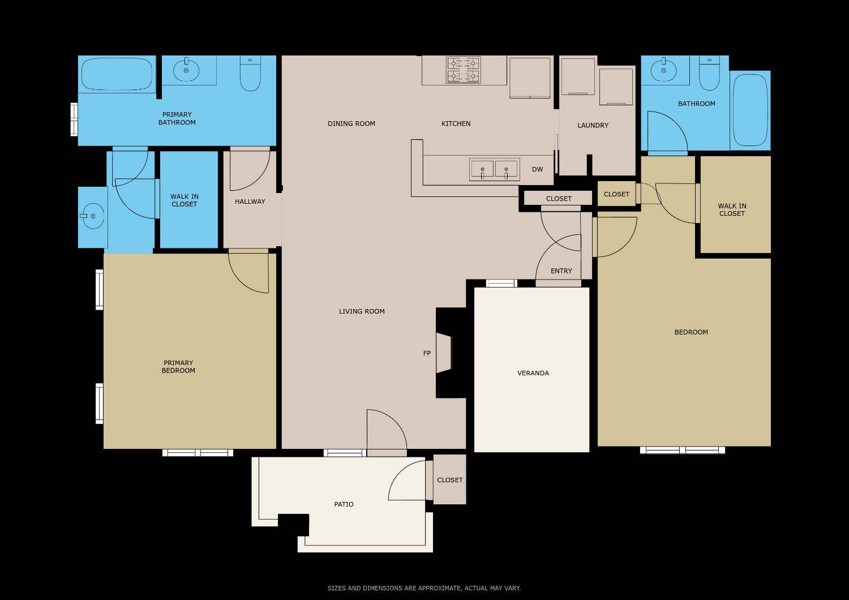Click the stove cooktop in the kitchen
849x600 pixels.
click(x=463, y=70)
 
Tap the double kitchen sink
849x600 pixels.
click(x=494, y=169)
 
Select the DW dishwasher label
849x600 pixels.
click(x=537, y=169)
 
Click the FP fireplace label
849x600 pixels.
click(x=427, y=353)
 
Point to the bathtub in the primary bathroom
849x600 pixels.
click(x=117, y=74)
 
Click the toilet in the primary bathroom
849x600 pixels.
click(x=250, y=74)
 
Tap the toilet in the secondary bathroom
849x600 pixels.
click(x=709, y=74)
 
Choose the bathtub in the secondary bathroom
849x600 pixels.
click(x=750, y=110)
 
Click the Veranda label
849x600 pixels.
click(x=533, y=373)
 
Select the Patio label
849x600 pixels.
click(x=344, y=504)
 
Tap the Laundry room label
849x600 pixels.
click(x=593, y=125)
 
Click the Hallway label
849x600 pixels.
click(x=250, y=202)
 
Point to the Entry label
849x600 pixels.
click(x=561, y=271)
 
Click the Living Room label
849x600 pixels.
click(x=362, y=311)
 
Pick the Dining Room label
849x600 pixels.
click(x=351, y=123)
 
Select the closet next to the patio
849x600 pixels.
click(x=450, y=480)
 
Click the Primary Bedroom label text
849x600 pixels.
click(x=178, y=367)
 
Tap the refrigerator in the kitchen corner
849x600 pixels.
click(x=530, y=78)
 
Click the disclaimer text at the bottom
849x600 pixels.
click(x=424, y=588)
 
